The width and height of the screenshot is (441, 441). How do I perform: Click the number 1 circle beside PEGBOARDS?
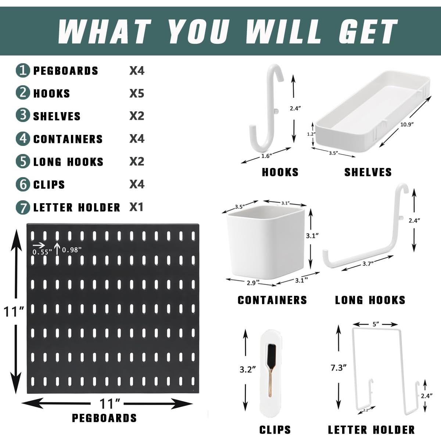(x=23, y=70)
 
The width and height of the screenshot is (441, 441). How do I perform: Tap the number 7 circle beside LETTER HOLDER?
(x=23, y=208)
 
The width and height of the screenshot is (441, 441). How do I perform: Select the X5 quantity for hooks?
(x=137, y=93)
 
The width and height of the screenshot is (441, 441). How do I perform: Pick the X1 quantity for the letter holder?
(x=136, y=207)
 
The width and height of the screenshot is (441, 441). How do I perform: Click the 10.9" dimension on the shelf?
(x=407, y=124)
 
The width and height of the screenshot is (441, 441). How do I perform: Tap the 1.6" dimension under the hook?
(x=266, y=156)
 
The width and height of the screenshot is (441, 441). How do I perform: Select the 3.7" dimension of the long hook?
(x=368, y=263)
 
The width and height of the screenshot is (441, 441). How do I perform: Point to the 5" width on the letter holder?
(x=376, y=324)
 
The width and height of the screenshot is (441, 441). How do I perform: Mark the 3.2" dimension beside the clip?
(x=248, y=369)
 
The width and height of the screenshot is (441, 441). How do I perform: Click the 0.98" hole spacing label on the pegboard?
(x=72, y=250)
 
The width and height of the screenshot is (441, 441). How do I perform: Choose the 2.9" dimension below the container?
(x=253, y=282)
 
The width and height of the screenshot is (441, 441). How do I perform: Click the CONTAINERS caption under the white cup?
(x=272, y=300)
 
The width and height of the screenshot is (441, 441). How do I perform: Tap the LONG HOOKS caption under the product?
(x=370, y=300)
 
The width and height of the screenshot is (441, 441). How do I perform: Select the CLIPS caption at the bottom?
(x=275, y=430)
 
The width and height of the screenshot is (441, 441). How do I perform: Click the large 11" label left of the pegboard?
(x=14, y=312)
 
